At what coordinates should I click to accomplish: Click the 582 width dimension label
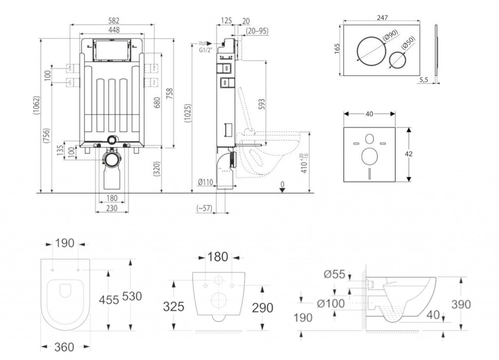113,20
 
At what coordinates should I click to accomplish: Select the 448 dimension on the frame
113,29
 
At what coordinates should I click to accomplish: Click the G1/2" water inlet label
205,50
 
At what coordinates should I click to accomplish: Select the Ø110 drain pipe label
205,183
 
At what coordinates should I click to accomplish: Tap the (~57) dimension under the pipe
204,208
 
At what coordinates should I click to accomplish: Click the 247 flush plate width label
382,18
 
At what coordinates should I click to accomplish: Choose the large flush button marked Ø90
372,51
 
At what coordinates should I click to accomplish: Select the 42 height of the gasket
410,153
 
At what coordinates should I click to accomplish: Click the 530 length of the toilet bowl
132,296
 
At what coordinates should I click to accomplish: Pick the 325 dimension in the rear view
174,306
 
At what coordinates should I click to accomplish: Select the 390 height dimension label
461,304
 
